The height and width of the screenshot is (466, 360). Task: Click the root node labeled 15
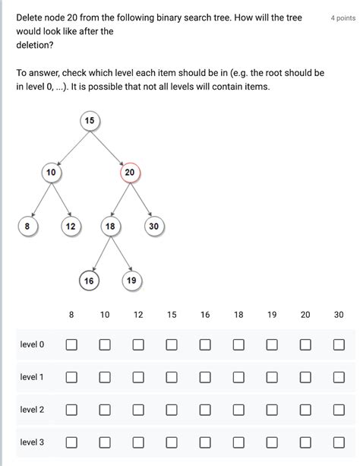pos(90,121)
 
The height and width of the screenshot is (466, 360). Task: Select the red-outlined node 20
pos(130,173)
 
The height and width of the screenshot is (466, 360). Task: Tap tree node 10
pos(51,173)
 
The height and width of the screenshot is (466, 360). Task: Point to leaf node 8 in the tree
pos(27,226)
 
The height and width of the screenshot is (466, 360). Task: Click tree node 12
pos(71,227)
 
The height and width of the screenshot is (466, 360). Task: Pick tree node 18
pos(111,227)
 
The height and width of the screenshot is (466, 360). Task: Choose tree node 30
pos(153,227)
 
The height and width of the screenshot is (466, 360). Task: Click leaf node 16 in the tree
pos(89,281)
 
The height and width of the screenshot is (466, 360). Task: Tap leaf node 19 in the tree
pos(131,281)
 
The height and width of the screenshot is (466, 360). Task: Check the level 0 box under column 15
pos(172,345)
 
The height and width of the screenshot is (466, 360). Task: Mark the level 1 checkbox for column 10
pos(105,378)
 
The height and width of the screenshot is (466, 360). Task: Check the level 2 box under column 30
pos(339,411)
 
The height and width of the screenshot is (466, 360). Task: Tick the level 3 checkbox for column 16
pos(205,442)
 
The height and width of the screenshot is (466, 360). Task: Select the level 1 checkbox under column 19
pos(272,378)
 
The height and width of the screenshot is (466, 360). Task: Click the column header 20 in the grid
pos(305,315)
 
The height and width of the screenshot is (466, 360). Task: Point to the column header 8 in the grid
pos(71,315)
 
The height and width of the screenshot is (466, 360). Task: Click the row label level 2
pos(32,411)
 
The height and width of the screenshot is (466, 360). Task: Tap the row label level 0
pos(32,345)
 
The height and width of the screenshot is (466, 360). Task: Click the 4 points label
pos(343,17)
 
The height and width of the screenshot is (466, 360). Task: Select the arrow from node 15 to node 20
pos(109,147)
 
